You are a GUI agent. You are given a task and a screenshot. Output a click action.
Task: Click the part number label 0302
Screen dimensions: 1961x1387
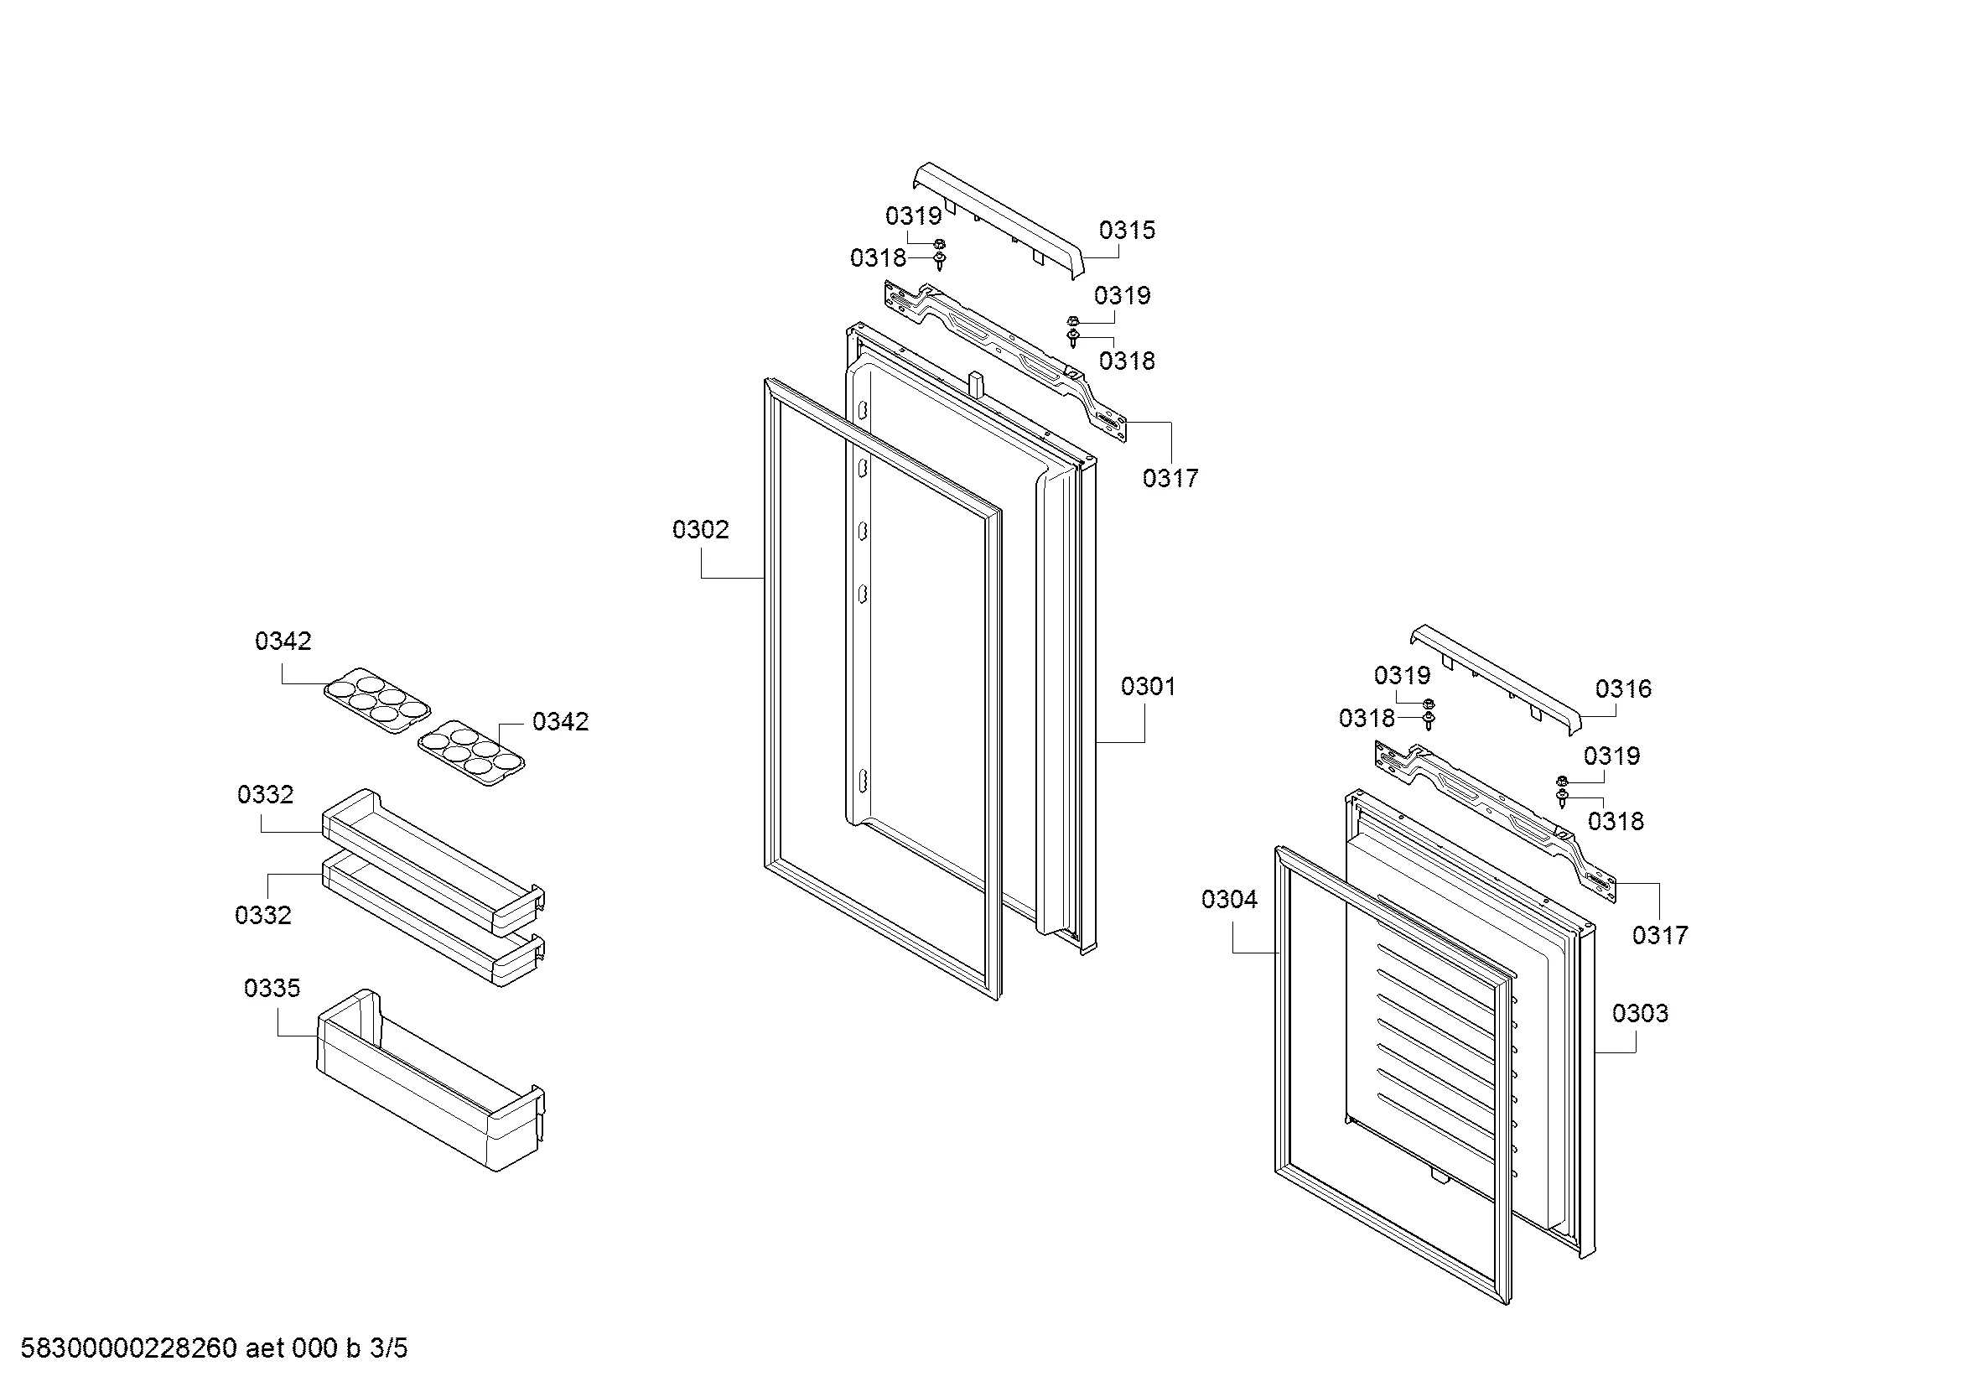[700, 529]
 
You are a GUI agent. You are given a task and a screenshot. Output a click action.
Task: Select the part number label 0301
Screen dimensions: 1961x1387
[1148, 686]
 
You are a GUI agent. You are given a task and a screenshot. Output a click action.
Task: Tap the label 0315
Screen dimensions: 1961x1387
[1127, 230]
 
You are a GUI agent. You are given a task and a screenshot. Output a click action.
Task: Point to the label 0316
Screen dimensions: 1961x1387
[1623, 688]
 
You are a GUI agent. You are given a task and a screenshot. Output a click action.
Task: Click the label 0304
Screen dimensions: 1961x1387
[1229, 899]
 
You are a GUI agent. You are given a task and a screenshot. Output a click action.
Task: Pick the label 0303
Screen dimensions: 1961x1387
[1640, 1013]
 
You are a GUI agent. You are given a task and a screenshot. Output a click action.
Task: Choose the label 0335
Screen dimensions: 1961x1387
[272, 988]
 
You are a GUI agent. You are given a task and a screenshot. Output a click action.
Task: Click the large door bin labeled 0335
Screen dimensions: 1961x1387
[430, 1080]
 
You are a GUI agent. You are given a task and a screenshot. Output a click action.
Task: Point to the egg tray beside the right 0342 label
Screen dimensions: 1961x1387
[470, 751]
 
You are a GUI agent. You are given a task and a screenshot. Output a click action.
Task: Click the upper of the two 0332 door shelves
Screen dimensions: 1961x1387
[433, 861]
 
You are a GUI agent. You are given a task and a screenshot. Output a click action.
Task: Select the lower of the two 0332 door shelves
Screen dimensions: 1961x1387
[433, 921]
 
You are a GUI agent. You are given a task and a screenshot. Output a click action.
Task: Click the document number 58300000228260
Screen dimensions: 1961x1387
[128, 1348]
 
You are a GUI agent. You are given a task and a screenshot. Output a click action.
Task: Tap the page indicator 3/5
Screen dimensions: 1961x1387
[388, 1348]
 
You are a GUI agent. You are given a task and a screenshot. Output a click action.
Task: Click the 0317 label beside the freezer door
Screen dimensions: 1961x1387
[1659, 935]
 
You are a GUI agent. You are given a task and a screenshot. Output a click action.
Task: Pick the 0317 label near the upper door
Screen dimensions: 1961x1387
[1170, 478]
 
